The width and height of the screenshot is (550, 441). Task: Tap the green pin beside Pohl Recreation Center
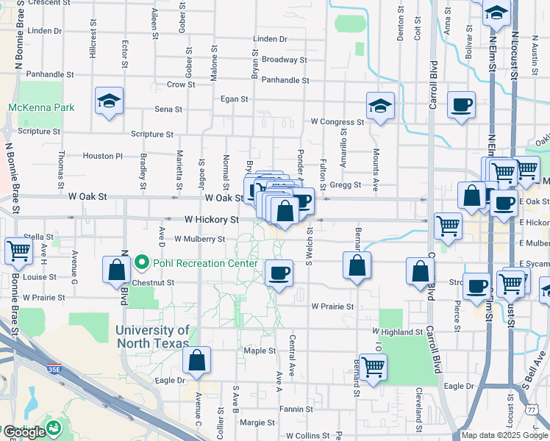coord(143,263)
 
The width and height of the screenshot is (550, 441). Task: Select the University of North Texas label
coord(152,337)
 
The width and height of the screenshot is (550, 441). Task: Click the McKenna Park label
coord(41,107)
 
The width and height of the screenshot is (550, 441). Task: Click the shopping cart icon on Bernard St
coord(374,366)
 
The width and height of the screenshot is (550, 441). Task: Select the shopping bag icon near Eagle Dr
coord(196,361)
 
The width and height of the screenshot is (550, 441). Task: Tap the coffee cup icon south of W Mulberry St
coord(279,274)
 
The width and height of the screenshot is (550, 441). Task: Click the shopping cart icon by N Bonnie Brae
coord(19,251)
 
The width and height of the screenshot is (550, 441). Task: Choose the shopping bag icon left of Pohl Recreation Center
coord(117,270)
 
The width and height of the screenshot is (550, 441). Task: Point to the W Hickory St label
coord(212,220)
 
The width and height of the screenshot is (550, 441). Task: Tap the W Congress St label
coord(337,122)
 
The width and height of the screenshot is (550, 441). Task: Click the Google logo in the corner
coord(24,432)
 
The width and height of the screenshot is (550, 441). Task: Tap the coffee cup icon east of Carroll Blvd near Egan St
coord(461,105)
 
